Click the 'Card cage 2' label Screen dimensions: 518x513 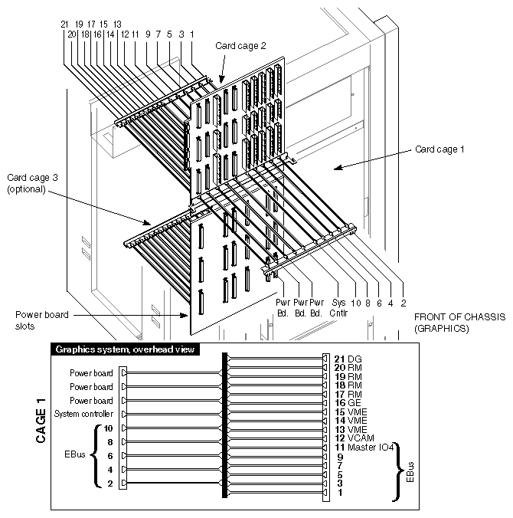coord(240,46)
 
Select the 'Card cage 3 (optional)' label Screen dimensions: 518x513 coord(27,183)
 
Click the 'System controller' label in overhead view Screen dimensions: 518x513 coord(84,414)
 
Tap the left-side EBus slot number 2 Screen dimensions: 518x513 coord(109,484)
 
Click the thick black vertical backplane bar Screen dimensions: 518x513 coord(224,425)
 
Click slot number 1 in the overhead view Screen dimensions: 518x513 coord(338,493)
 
